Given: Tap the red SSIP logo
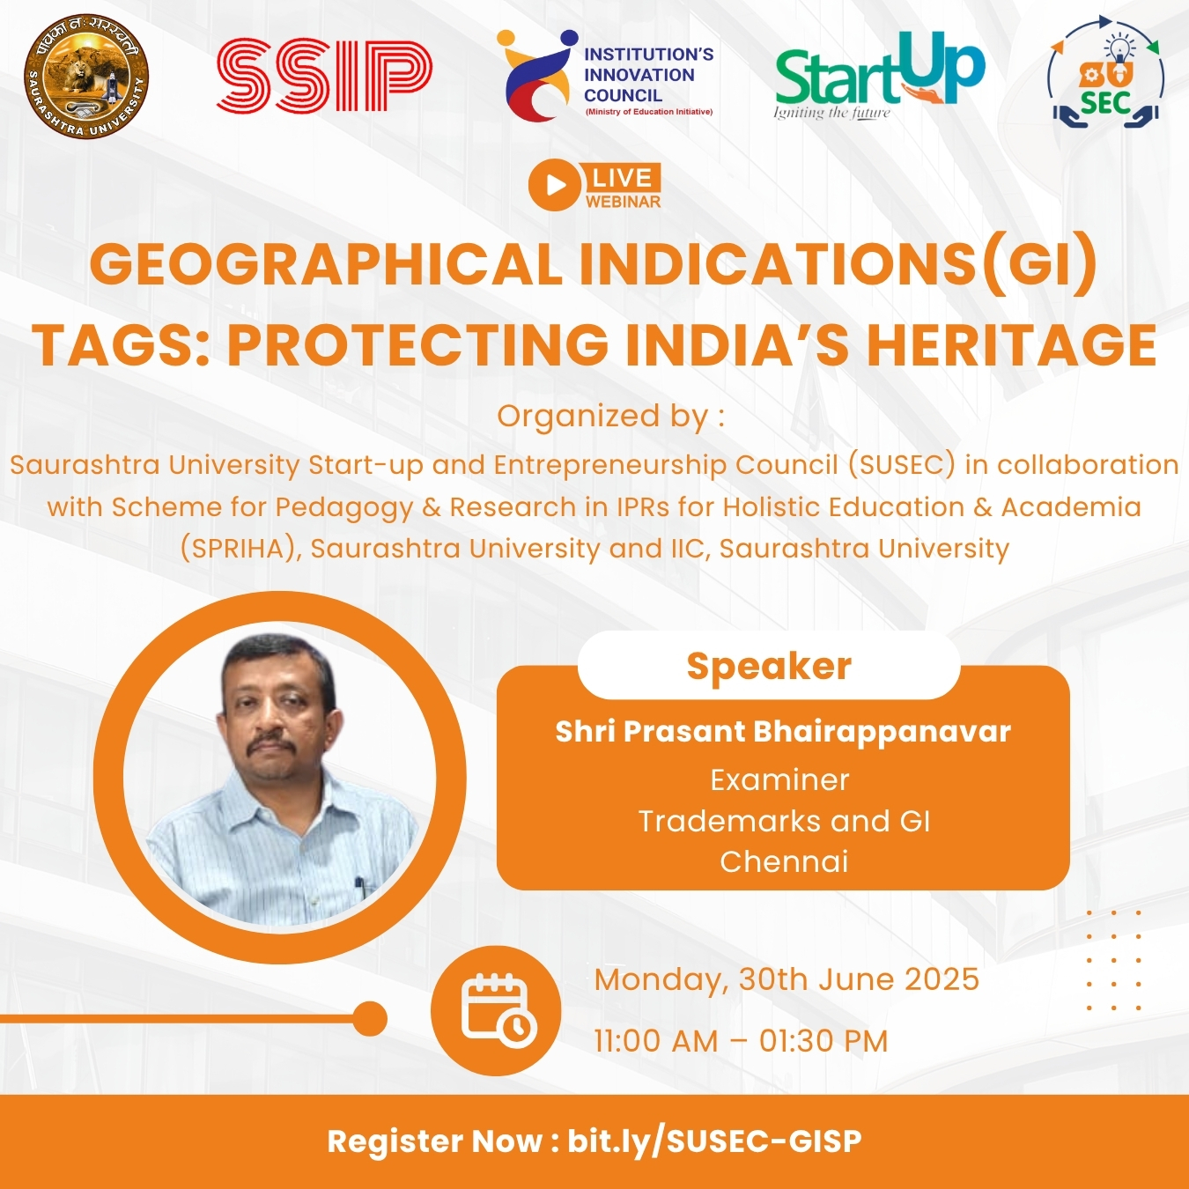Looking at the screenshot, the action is (x=325, y=75).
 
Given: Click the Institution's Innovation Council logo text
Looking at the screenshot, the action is (x=648, y=75).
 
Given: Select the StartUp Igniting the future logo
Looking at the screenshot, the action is (x=879, y=76).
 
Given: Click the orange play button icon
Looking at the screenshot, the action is (x=555, y=184).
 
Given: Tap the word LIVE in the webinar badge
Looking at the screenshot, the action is (x=622, y=178).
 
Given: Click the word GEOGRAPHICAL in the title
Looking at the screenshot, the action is (x=326, y=264).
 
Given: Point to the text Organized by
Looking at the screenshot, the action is (x=611, y=417).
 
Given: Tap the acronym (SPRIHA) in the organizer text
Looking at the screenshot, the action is (x=241, y=549).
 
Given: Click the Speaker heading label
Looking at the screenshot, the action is (x=769, y=667).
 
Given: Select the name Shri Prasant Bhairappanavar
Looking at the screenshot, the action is (x=783, y=732).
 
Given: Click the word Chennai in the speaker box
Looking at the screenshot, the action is (x=784, y=861).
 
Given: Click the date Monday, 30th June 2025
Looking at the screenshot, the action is (x=787, y=979).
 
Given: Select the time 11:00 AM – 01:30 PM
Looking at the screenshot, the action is (x=741, y=1041).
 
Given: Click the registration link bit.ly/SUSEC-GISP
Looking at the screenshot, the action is (x=714, y=1141).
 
